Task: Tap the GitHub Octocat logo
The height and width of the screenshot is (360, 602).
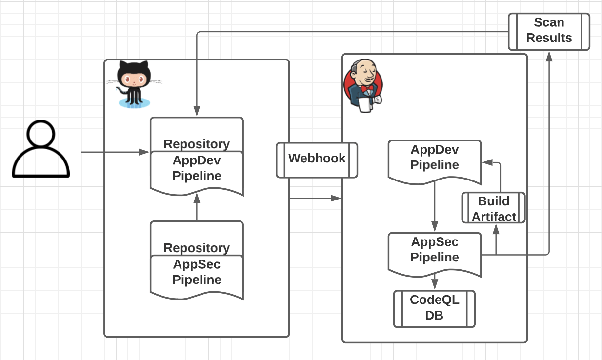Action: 133,84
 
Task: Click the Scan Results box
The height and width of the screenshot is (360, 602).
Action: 549,31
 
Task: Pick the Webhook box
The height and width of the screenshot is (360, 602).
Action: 317,160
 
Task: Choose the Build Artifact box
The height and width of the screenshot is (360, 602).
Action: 493,208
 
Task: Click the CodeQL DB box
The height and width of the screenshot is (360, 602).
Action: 434,309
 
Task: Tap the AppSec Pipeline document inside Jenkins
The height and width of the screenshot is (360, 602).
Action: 434,252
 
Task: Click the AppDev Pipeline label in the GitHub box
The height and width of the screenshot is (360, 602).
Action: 197,169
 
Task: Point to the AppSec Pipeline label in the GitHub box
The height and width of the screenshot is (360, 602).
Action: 197,273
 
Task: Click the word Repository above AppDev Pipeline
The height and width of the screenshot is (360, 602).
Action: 197,144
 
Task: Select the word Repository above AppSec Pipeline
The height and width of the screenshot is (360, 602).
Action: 197,248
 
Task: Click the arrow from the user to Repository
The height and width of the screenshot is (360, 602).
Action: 115,152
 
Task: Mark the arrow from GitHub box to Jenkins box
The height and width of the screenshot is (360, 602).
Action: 315,198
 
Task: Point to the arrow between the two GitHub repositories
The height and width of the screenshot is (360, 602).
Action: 197,207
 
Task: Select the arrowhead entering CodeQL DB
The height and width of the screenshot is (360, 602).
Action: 435,285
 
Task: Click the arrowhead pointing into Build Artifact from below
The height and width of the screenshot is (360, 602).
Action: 496,228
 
